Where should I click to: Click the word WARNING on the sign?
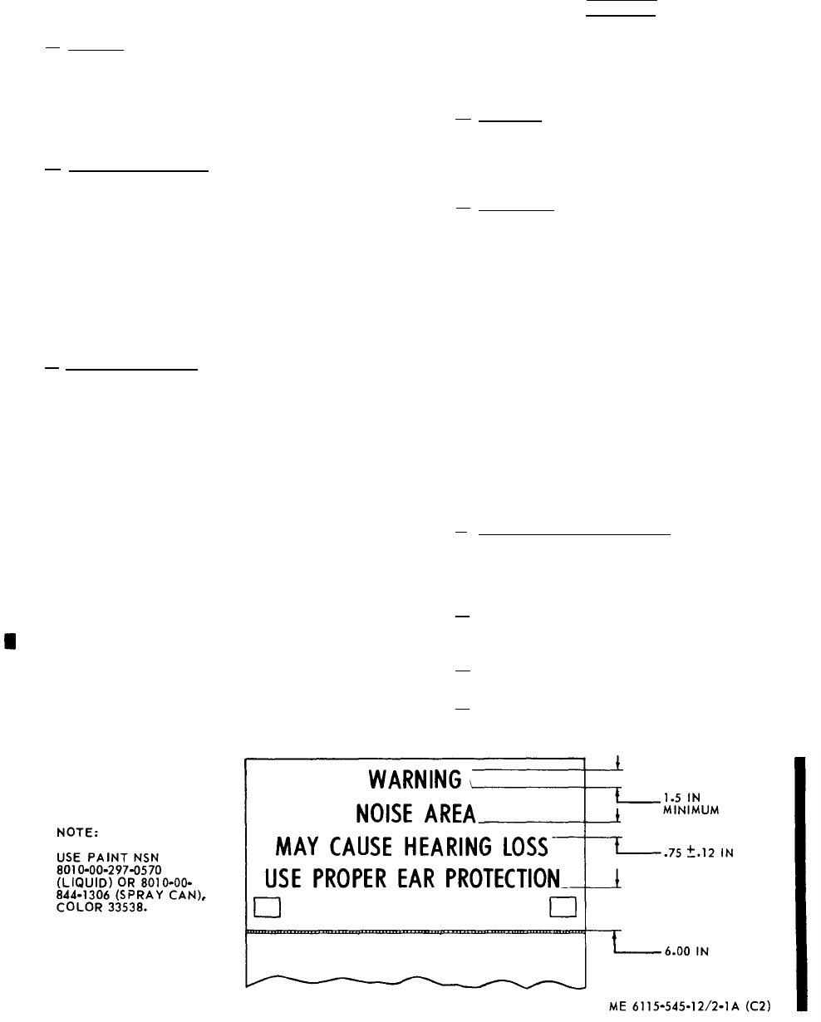(x=415, y=780)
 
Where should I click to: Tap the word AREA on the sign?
(x=444, y=813)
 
